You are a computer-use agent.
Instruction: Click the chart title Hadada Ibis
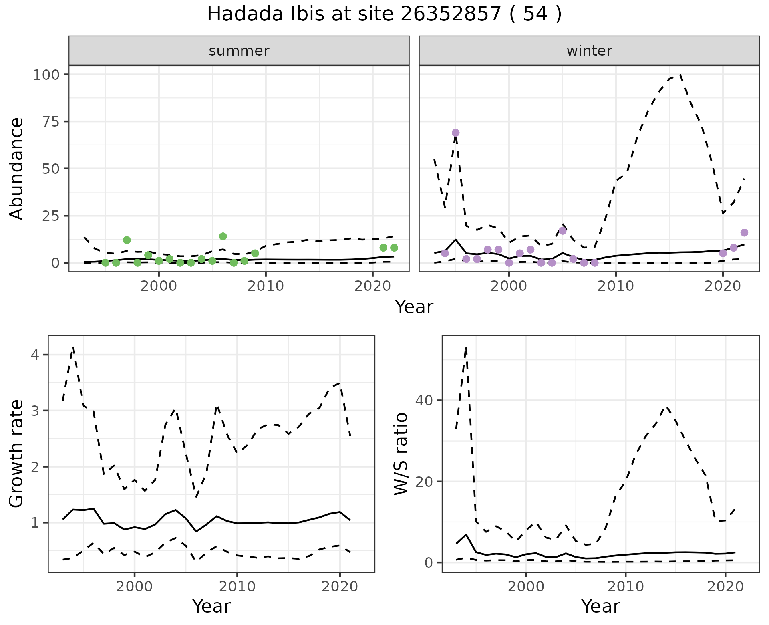click(x=384, y=14)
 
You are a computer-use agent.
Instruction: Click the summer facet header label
click(x=239, y=51)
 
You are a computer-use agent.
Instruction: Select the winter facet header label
click(x=589, y=51)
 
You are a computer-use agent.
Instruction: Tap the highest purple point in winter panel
click(x=455, y=133)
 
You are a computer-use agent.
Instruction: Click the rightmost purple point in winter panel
click(x=744, y=233)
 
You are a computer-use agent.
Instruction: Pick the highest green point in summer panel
click(x=223, y=236)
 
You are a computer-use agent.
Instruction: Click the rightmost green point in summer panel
click(x=394, y=248)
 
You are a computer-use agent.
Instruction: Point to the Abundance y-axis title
click(x=17, y=168)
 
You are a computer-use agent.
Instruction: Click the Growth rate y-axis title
click(x=17, y=454)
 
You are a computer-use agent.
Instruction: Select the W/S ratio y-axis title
click(x=401, y=454)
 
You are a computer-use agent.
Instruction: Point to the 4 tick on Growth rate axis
click(x=34, y=355)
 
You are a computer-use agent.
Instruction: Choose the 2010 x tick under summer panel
click(x=266, y=286)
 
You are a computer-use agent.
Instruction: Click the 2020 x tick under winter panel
click(x=723, y=286)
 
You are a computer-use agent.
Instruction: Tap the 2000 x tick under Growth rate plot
click(x=135, y=587)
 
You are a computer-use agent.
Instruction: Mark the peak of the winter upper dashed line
click(x=680, y=75)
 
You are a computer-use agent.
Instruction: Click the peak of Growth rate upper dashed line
click(x=73, y=347)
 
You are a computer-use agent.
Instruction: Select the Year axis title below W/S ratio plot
click(x=600, y=606)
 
